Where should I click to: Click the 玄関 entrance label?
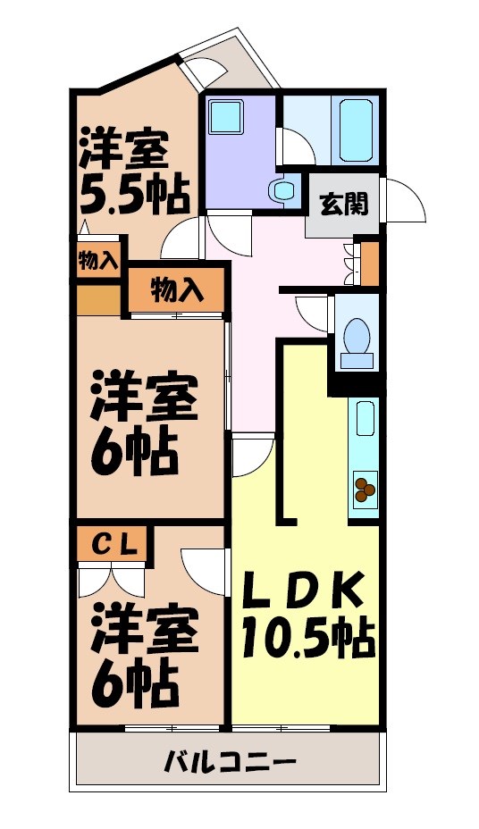[343, 205]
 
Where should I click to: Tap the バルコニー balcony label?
[230, 763]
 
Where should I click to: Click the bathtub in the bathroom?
[356, 127]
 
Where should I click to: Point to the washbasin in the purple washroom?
[285, 190]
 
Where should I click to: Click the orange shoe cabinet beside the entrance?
[369, 260]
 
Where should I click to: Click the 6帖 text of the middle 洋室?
[134, 452]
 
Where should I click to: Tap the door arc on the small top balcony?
[206, 72]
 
